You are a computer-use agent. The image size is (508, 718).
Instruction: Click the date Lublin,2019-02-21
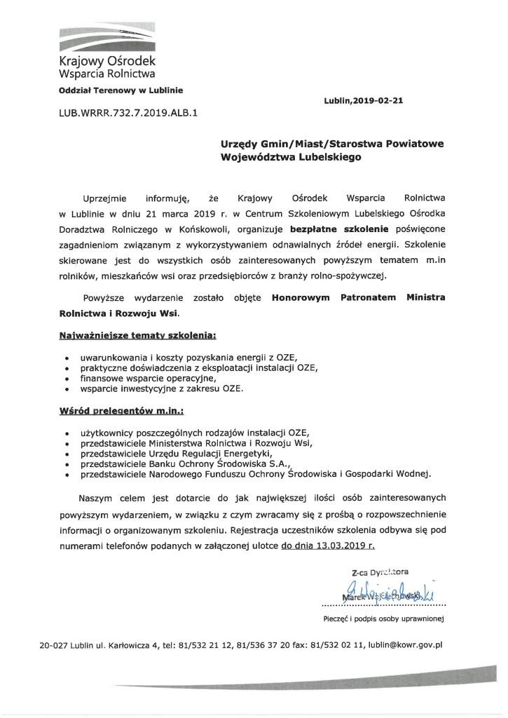[x=364, y=101]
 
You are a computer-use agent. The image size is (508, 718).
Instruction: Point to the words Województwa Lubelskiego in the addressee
[x=290, y=157]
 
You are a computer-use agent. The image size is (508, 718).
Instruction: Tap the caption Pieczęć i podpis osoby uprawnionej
[x=382, y=618]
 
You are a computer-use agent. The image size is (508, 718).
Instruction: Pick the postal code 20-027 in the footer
[x=57, y=644]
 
